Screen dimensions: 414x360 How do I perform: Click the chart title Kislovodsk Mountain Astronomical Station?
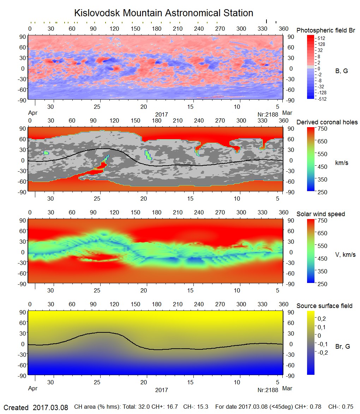coord(163,13)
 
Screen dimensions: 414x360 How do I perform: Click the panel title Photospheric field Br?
coord(326,30)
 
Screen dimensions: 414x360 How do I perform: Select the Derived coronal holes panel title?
coord(327,122)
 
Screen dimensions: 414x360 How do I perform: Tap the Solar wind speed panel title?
coord(321,214)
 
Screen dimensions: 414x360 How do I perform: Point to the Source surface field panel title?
coord(324,306)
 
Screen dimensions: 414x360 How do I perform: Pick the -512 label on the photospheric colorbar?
coord(322,99)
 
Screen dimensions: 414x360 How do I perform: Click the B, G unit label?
coord(341,71)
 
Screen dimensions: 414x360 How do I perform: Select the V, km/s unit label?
coord(345,255)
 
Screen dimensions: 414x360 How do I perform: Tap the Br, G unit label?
coord(343,347)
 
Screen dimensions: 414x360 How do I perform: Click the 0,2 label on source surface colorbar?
coord(322,319)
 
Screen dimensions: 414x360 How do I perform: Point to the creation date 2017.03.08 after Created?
coord(50,407)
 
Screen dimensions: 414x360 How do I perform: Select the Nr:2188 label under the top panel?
coord(268,114)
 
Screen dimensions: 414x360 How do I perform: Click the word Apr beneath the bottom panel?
coord(33,389)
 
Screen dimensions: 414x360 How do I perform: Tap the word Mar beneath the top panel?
coord(287,113)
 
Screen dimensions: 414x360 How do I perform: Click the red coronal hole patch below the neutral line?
coord(95,171)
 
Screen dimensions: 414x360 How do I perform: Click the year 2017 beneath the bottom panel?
coord(161,390)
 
